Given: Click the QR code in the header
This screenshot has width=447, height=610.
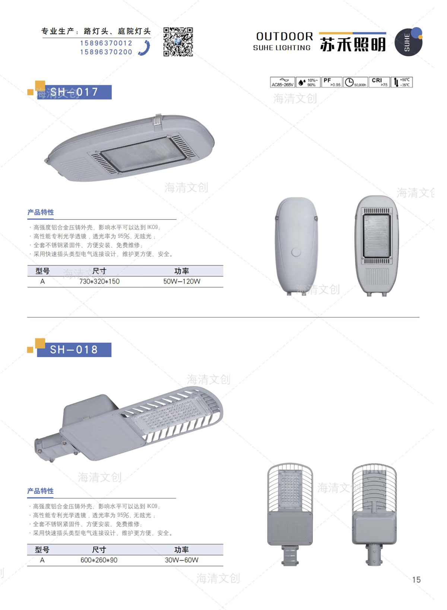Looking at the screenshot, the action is pyautogui.click(x=178, y=42).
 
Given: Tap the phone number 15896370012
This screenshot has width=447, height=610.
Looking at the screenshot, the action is pyautogui.click(x=106, y=43).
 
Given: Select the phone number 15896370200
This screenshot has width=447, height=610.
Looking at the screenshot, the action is pyautogui.click(x=106, y=52).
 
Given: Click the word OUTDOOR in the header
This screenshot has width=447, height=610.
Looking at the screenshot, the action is pyautogui.click(x=285, y=36).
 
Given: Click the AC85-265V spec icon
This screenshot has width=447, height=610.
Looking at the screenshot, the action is pyautogui.click(x=282, y=82).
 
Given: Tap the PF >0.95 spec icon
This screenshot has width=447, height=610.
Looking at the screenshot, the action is pyautogui.click(x=332, y=82).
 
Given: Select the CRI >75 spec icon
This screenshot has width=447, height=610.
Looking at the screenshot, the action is pyautogui.click(x=380, y=82).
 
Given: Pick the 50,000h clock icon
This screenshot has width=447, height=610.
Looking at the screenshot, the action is pyautogui.click(x=355, y=82).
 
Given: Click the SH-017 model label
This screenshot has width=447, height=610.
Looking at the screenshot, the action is pyautogui.click(x=74, y=92).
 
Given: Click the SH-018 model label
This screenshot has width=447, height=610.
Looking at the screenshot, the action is pyautogui.click(x=74, y=349).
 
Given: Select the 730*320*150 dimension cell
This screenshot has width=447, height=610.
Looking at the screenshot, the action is pyautogui.click(x=99, y=281).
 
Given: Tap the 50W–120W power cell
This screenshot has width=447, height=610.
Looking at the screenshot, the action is pyautogui.click(x=182, y=281).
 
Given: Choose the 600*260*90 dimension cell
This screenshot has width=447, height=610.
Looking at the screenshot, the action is pyautogui.click(x=99, y=560).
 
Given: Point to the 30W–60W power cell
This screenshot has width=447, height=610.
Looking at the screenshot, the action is pyautogui.click(x=181, y=560).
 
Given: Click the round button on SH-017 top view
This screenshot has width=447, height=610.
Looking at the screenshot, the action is pyautogui.click(x=296, y=252).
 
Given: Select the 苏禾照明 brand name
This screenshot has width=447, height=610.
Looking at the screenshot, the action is pyautogui.click(x=353, y=45).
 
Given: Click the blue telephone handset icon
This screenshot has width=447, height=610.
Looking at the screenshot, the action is pyautogui.click(x=145, y=48).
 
